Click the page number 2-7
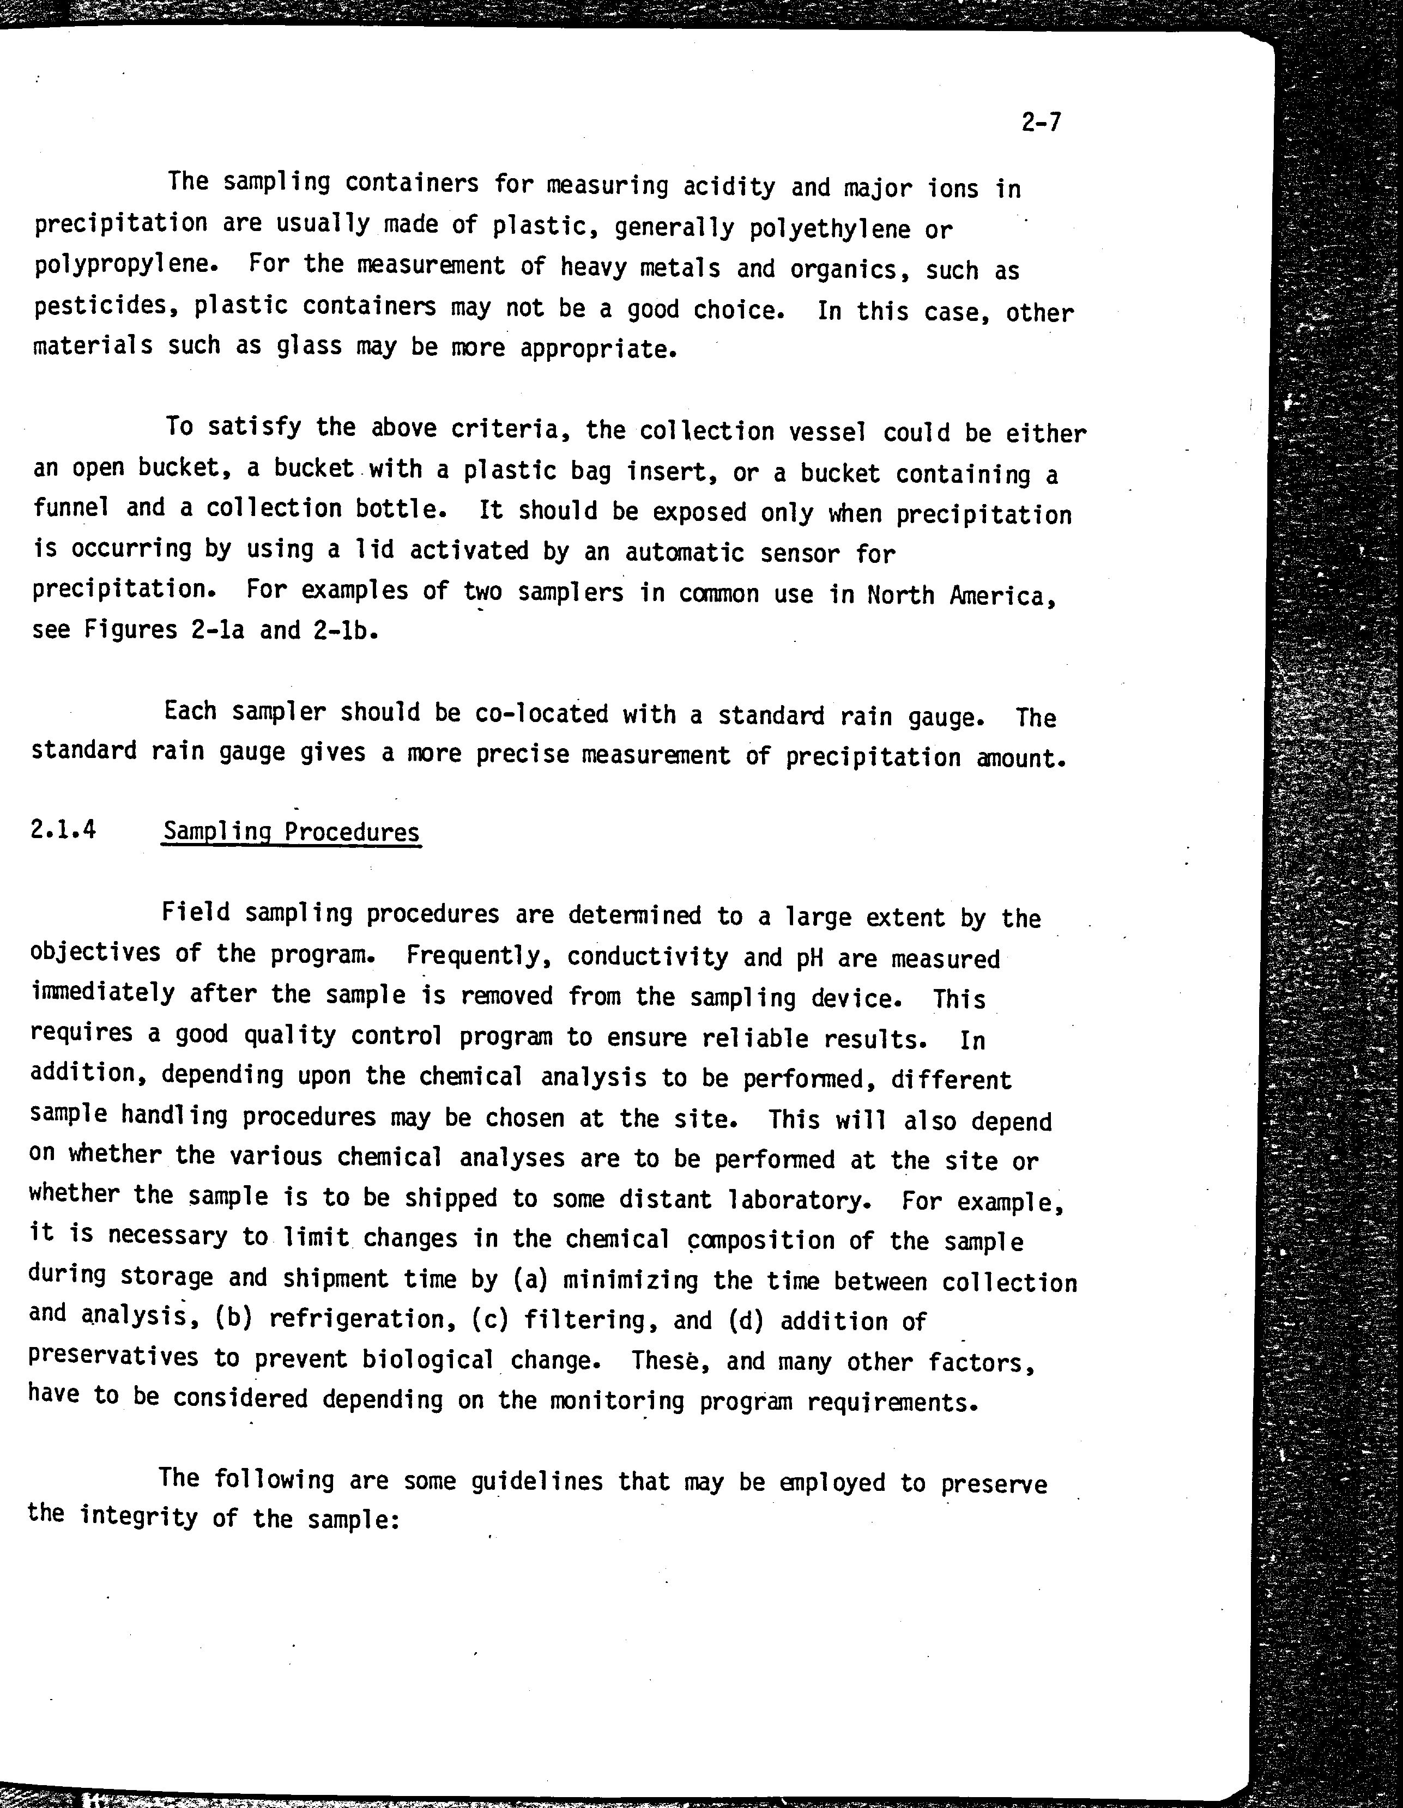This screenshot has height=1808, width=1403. pyautogui.click(x=1041, y=123)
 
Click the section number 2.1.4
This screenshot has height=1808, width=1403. pyautogui.click(x=63, y=829)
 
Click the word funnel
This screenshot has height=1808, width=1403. pyautogui.click(x=71, y=507)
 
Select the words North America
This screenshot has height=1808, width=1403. pyautogui.click(x=961, y=595)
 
